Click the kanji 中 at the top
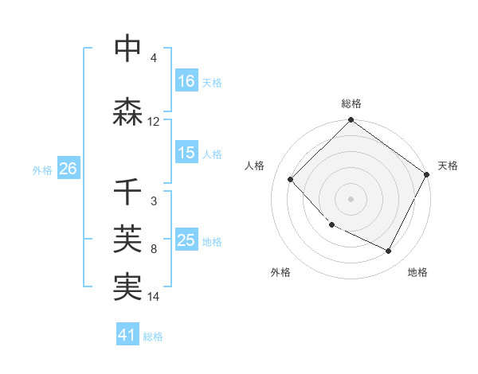tap(127, 49)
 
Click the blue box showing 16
tap(186, 81)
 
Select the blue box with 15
tap(186, 153)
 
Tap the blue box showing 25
tap(186, 240)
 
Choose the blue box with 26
tap(68, 169)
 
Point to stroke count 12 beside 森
tap(154, 122)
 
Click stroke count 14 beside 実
tap(154, 297)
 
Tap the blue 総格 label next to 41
tap(154, 337)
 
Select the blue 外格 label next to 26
tap(42, 169)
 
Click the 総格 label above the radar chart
tap(351, 103)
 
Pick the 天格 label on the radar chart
tap(448, 166)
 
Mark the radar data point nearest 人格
tap(291, 179)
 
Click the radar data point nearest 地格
tap(389, 251)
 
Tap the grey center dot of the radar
tap(351, 198)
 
